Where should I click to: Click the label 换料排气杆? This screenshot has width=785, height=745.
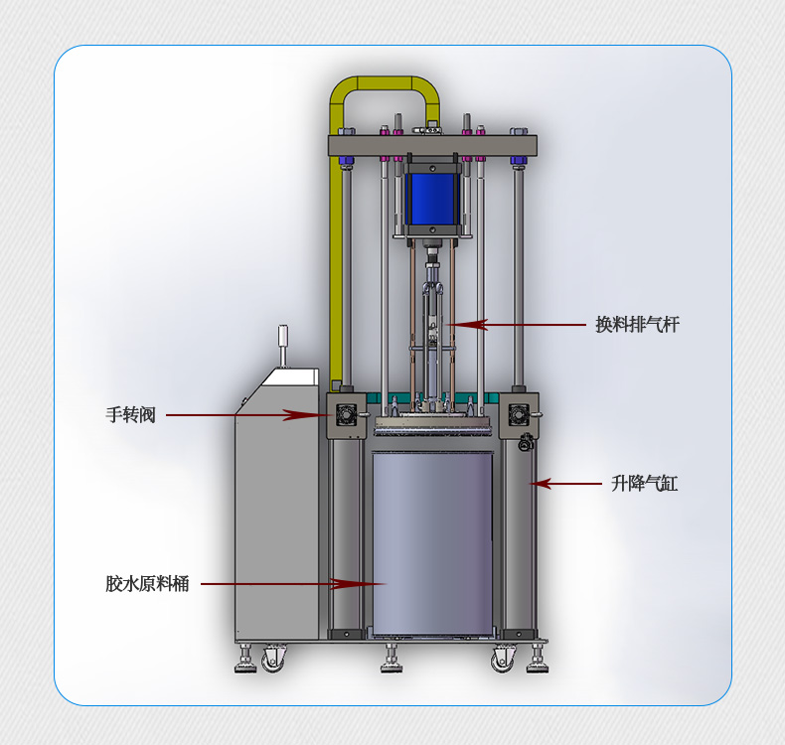point(637,325)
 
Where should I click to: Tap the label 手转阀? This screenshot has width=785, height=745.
point(131,415)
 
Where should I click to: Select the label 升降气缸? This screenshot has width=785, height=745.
point(644,484)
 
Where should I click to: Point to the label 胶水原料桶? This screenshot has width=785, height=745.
point(147,584)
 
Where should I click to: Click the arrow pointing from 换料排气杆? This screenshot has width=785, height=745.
point(517,325)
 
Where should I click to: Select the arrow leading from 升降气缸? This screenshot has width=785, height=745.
point(567,484)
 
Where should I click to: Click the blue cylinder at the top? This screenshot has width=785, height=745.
point(432,199)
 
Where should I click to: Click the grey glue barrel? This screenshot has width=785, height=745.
point(432,541)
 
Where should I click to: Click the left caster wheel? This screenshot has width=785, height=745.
point(272,657)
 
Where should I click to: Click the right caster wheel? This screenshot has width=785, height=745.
point(502,658)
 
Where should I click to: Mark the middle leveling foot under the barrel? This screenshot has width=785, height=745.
point(392,660)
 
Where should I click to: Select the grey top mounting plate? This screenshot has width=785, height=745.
point(432,144)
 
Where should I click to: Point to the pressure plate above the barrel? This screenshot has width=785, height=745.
point(432,427)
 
